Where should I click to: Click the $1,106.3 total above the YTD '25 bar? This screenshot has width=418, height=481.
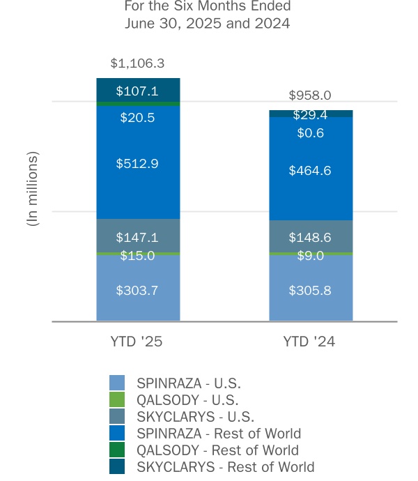(137, 63)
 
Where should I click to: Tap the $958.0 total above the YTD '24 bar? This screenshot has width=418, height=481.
(310, 96)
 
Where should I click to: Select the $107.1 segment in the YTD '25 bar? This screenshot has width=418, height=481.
(137, 91)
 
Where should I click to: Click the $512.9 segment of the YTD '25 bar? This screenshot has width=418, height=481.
(137, 164)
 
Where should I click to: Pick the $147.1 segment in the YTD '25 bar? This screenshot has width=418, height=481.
(137, 237)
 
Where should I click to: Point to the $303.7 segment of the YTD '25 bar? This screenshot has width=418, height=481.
(137, 290)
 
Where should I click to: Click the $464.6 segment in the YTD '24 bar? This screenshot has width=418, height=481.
(310, 169)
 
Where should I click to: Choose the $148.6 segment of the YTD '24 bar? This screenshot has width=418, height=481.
(310, 237)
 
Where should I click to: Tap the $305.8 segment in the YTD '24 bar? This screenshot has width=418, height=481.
(310, 290)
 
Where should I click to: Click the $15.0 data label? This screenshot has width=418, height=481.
(137, 256)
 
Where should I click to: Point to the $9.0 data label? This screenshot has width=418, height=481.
(310, 256)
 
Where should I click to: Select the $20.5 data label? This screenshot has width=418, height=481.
(137, 118)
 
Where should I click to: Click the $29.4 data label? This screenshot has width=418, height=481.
(310, 115)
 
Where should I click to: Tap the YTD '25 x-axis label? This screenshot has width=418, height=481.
(137, 342)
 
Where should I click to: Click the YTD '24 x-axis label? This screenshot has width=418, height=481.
(310, 342)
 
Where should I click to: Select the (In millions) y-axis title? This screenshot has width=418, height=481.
(32, 188)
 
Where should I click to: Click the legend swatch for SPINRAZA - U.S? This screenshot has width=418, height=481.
(117, 383)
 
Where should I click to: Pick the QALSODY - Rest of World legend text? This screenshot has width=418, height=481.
(217, 450)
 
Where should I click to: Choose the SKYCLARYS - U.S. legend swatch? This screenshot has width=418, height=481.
(117, 416)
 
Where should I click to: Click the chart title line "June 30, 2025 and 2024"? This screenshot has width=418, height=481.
(207, 23)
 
